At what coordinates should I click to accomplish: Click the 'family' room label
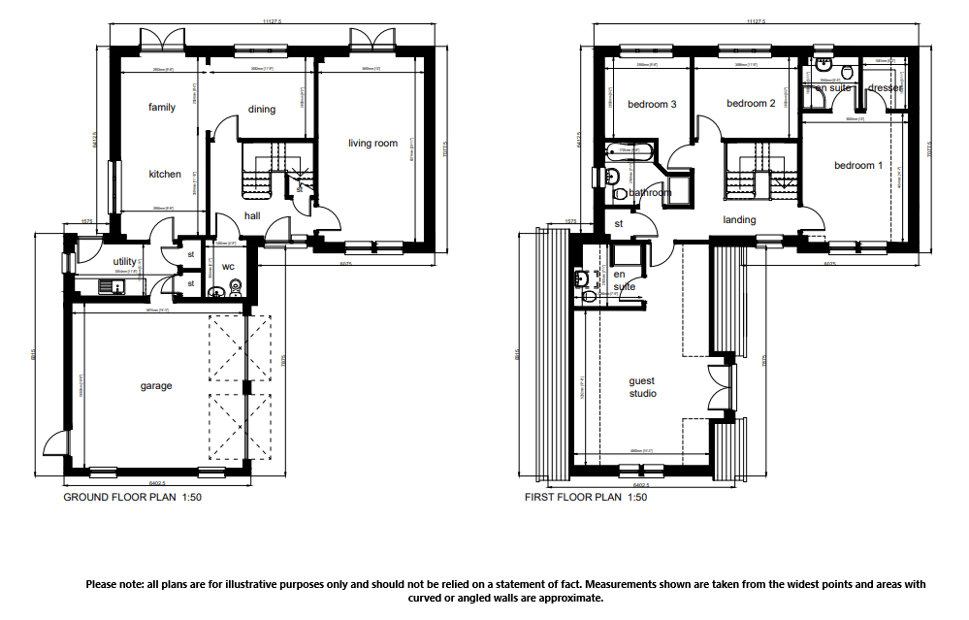tap(162, 108)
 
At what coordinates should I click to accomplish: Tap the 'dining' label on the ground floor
tap(261, 110)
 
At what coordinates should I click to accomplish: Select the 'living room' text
tap(372, 144)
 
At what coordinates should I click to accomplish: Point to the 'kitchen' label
tap(165, 175)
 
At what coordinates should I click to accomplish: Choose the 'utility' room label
tap(125, 262)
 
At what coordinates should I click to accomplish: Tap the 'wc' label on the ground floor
tap(228, 266)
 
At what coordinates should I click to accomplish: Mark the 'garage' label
tap(156, 386)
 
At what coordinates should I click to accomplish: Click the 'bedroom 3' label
tap(652, 105)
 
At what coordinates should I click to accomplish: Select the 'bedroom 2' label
tap(751, 105)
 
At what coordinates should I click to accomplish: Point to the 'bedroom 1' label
tap(858, 166)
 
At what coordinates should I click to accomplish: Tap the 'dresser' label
tap(886, 88)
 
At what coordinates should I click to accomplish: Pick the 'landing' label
tap(739, 220)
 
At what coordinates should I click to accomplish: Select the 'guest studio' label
tap(642, 387)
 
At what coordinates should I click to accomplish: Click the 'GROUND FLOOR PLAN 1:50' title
tap(132, 497)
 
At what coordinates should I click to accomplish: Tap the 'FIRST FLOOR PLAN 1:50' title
tap(585, 497)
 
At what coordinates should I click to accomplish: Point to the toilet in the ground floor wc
tap(234, 286)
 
